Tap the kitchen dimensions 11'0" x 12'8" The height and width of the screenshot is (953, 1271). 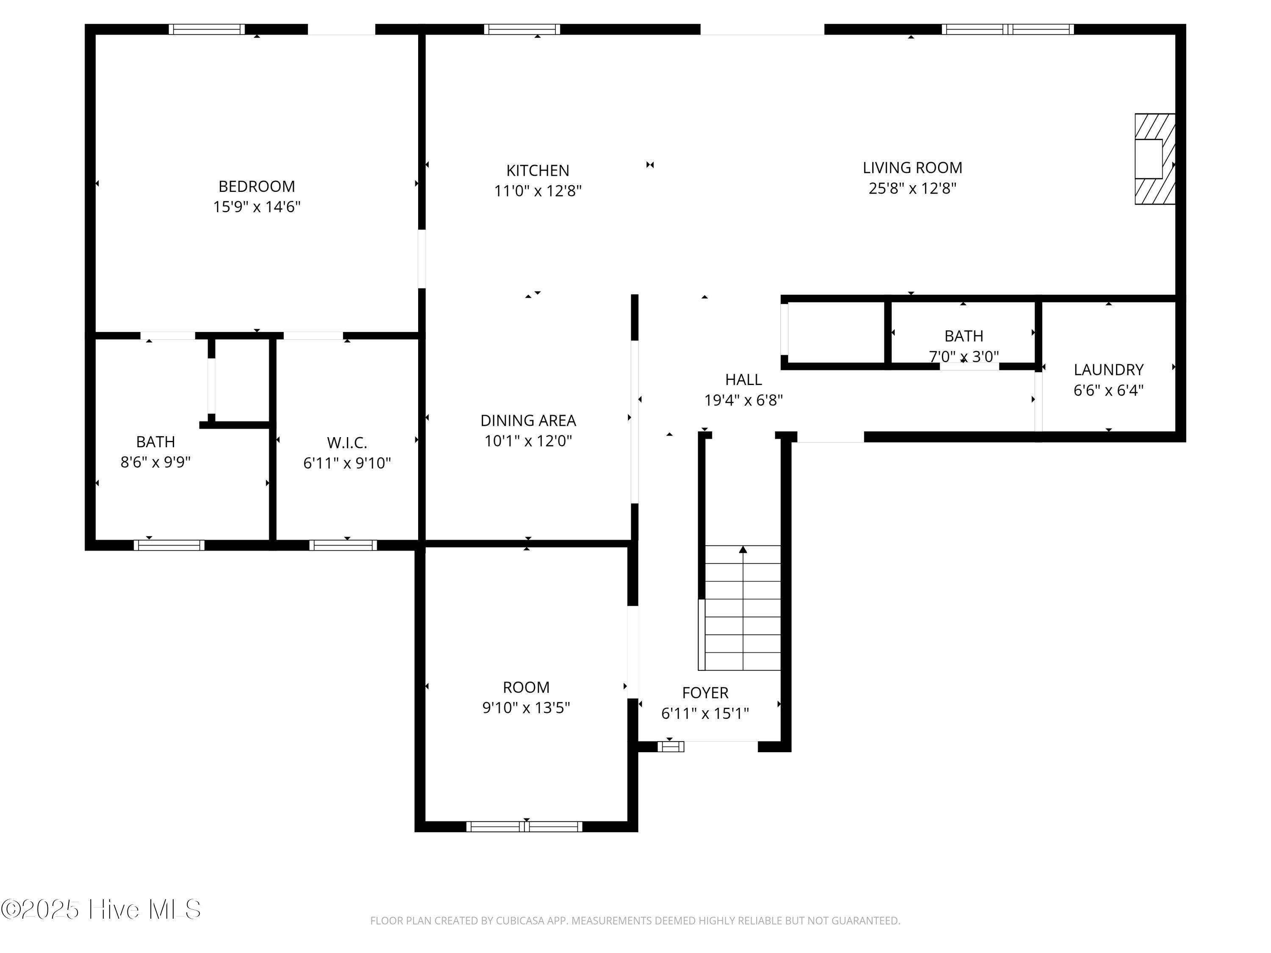[538, 191]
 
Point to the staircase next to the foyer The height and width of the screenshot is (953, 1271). [742, 608]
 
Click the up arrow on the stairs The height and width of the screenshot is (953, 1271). [743, 550]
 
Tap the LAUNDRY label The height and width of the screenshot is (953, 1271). [1108, 369]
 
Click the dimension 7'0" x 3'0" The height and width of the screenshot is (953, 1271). [963, 357]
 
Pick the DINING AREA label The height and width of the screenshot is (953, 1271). [528, 421]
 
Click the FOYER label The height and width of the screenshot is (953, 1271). [705, 693]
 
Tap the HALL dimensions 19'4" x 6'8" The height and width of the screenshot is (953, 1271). [744, 400]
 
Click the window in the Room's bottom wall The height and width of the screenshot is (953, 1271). [524, 827]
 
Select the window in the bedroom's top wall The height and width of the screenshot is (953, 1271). [207, 29]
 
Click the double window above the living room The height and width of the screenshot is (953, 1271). [1007, 29]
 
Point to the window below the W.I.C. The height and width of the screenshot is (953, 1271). [343, 545]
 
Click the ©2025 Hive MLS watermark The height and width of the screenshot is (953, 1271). [101, 909]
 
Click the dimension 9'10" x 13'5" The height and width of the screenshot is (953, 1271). [526, 708]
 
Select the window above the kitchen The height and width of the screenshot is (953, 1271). [522, 29]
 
